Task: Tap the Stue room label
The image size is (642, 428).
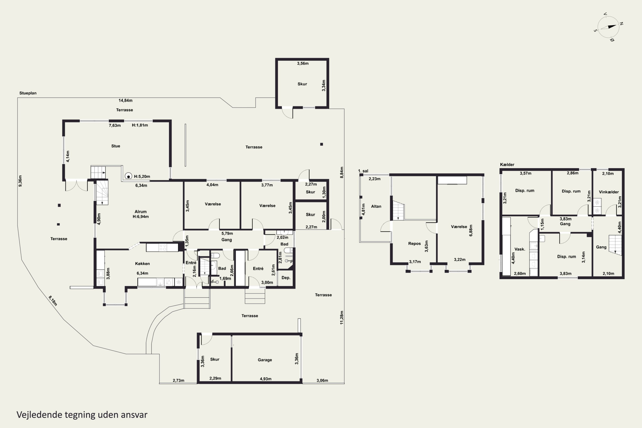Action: (x=116, y=146)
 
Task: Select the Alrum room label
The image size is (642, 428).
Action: (x=141, y=212)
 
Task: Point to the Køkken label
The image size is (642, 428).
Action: (x=143, y=263)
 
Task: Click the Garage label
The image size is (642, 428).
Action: (x=265, y=360)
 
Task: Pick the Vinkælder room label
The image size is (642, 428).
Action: (x=609, y=192)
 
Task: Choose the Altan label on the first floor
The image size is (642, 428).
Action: (x=376, y=206)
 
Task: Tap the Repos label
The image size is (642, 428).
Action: (x=414, y=244)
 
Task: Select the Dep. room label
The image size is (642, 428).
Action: (x=286, y=278)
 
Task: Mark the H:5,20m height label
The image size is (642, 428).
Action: (x=142, y=176)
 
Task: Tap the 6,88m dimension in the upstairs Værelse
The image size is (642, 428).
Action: (x=471, y=230)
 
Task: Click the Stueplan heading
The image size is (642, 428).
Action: (x=28, y=93)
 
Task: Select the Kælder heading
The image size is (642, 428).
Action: (x=507, y=165)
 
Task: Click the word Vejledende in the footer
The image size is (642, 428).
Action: (x=40, y=415)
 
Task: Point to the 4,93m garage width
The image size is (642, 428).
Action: (x=266, y=379)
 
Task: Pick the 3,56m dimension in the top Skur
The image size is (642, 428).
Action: (x=303, y=63)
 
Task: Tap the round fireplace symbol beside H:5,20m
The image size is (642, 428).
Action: (x=128, y=176)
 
